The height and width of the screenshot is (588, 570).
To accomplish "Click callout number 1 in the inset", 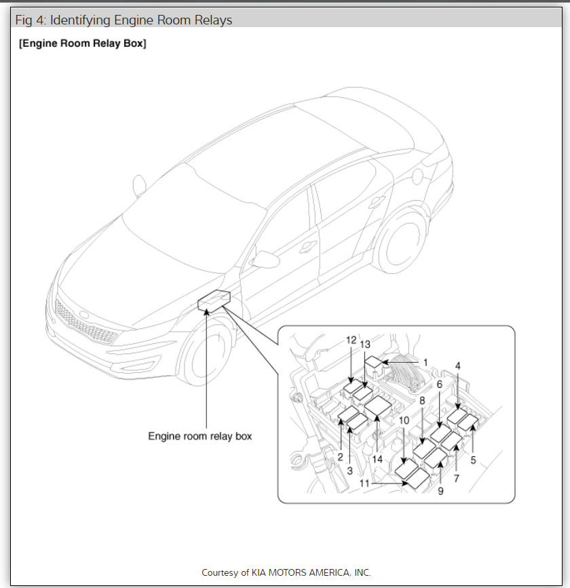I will coord(425,362).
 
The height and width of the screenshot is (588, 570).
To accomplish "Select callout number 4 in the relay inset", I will coord(458,366).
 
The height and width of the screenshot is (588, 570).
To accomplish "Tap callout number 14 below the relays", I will coord(377,459).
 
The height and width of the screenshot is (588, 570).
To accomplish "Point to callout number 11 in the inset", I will coord(366,483).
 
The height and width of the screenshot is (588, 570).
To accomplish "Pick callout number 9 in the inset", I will coord(440,491).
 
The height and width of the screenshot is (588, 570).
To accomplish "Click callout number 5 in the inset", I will coord(474,460).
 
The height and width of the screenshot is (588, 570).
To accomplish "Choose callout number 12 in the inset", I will coord(351,340).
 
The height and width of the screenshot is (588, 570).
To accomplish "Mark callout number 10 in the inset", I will coord(404,420).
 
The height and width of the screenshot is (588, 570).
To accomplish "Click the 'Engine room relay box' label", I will coord(200,436).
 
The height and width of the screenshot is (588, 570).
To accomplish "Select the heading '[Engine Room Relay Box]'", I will coord(83,44).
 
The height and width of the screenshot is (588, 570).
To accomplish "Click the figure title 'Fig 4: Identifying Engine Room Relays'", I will coord(124,20).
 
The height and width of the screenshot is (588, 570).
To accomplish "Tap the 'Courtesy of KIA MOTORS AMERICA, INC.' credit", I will coord(286,572).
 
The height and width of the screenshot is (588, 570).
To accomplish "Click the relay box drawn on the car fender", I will coord(214,300).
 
